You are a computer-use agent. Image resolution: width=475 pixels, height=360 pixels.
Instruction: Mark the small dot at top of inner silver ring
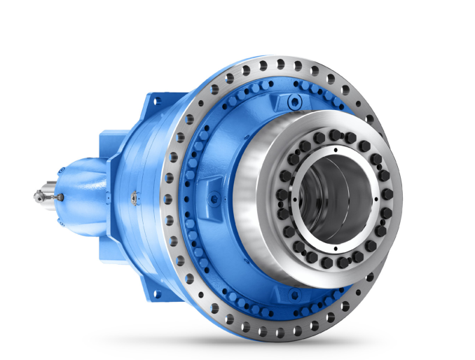(335, 148)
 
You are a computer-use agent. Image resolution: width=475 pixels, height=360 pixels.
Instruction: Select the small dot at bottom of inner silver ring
(335, 248)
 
